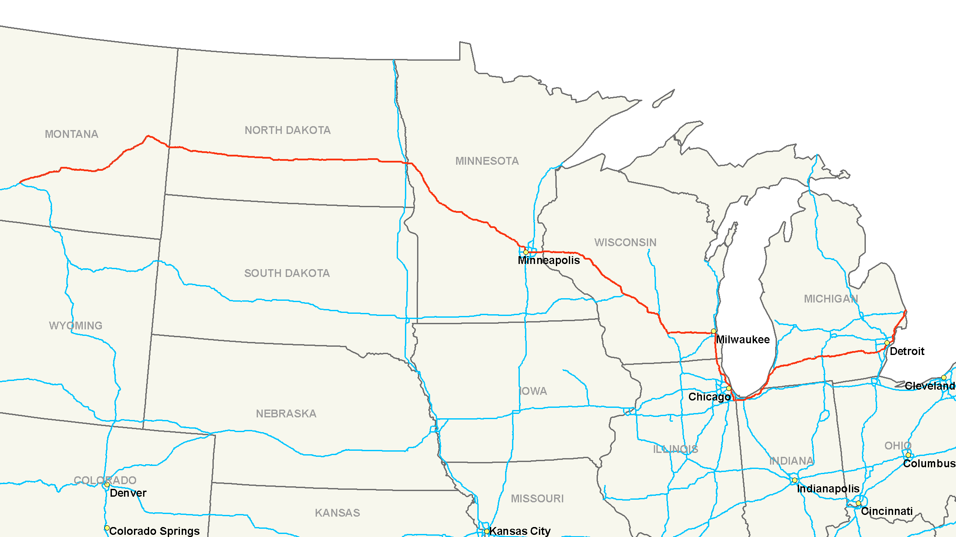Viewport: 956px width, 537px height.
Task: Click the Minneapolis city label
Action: (548, 260)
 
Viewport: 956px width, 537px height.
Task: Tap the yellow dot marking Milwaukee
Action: (714, 331)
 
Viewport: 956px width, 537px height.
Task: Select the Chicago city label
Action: (709, 397)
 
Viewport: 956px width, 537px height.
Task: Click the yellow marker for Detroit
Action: (887, 343)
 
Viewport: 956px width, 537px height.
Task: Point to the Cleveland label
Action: (930, 386)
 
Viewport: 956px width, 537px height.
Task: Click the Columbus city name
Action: (929, 463)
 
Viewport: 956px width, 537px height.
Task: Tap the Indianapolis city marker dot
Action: (795, 480)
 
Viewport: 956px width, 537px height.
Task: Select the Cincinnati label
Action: (887, 511)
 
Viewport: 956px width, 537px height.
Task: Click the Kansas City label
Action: (520, 531)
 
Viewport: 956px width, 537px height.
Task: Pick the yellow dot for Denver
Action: (107, 485)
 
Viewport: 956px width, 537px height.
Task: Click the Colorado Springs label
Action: (154, 531)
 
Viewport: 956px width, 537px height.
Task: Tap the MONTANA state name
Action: (72, 134)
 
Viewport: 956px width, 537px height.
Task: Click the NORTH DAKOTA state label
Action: (287, 130)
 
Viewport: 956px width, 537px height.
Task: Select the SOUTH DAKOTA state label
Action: (287, 273)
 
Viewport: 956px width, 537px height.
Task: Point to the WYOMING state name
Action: (75, 325)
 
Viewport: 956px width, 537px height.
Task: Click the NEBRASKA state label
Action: (286, 413)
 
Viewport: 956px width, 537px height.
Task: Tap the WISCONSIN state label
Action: (625, 242)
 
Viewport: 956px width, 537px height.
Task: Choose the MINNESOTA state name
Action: (487, 161)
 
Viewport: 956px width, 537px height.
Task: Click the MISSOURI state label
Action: (537, 498)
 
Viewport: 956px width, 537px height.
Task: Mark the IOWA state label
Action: (533, 391)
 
